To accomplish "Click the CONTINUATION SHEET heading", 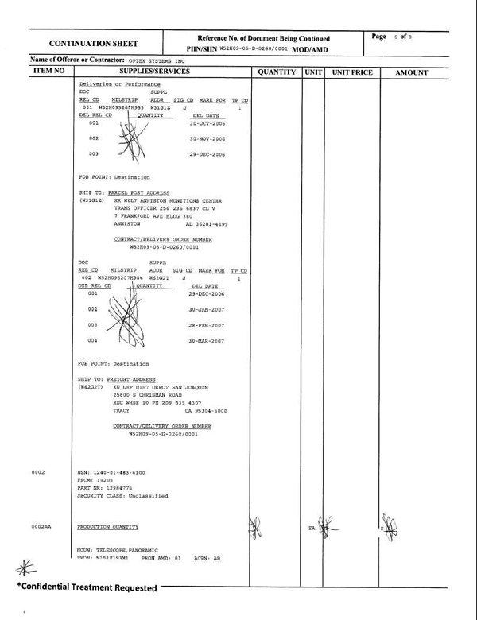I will (94, 44).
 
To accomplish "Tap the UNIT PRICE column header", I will (351, 72).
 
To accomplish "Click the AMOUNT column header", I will (411, 72).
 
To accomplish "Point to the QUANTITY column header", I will (275, 72).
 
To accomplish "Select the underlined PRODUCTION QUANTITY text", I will (108, 527).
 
